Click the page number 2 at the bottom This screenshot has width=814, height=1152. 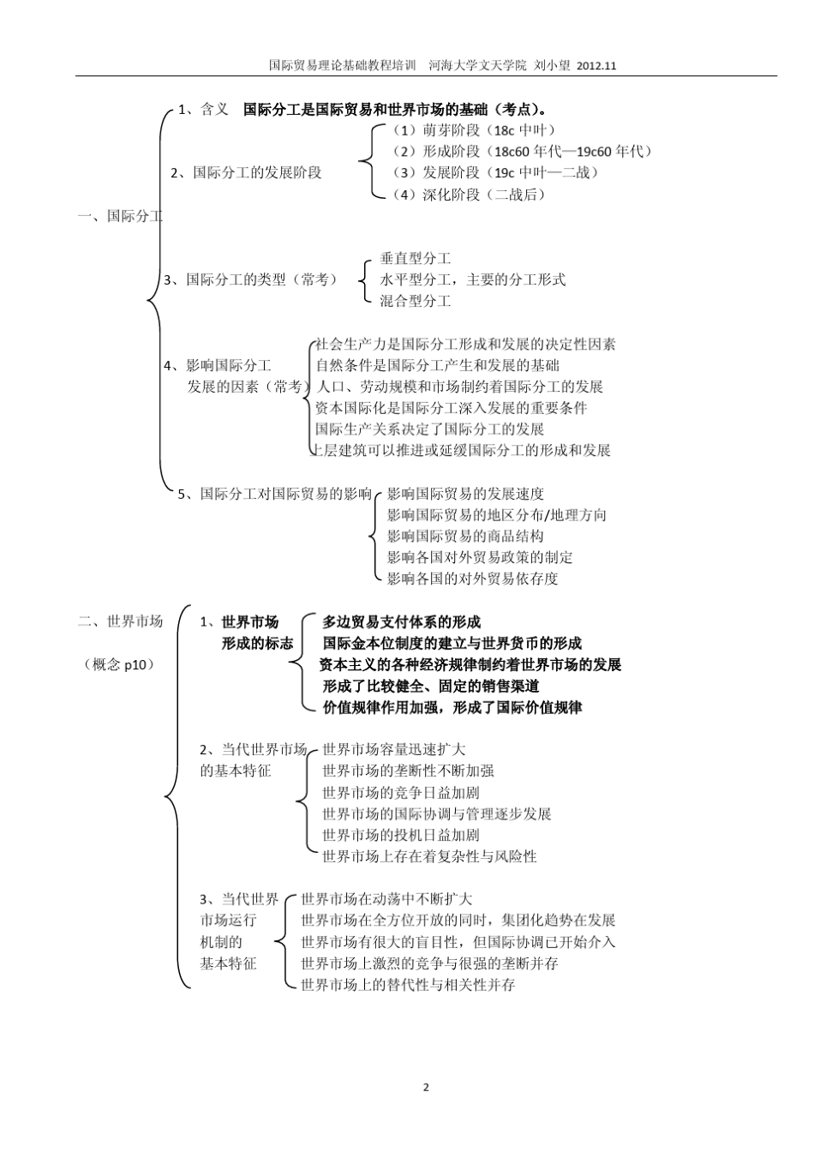point(426,1088)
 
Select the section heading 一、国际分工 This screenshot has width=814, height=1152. point(120,216)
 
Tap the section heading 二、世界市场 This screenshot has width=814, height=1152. point(120,621)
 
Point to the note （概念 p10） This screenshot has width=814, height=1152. point(120,664)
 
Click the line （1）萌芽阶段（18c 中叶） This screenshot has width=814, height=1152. point(474,130)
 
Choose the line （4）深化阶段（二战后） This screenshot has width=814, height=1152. point(469,195)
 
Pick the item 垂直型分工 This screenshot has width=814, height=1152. point(416,258)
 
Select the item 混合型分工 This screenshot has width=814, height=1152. point(416,301)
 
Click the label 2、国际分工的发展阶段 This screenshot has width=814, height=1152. point(246,172)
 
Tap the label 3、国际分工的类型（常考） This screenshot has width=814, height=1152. point(250,279)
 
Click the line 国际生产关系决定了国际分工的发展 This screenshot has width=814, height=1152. point(430,429)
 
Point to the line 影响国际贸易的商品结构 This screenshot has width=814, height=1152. point(465,536)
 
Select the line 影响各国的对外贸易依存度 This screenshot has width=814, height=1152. point(472,579)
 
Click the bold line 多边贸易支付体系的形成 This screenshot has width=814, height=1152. point(401,622)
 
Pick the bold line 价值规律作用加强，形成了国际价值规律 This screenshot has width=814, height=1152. point(452,707)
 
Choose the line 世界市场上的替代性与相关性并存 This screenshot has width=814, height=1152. point(409,985)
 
